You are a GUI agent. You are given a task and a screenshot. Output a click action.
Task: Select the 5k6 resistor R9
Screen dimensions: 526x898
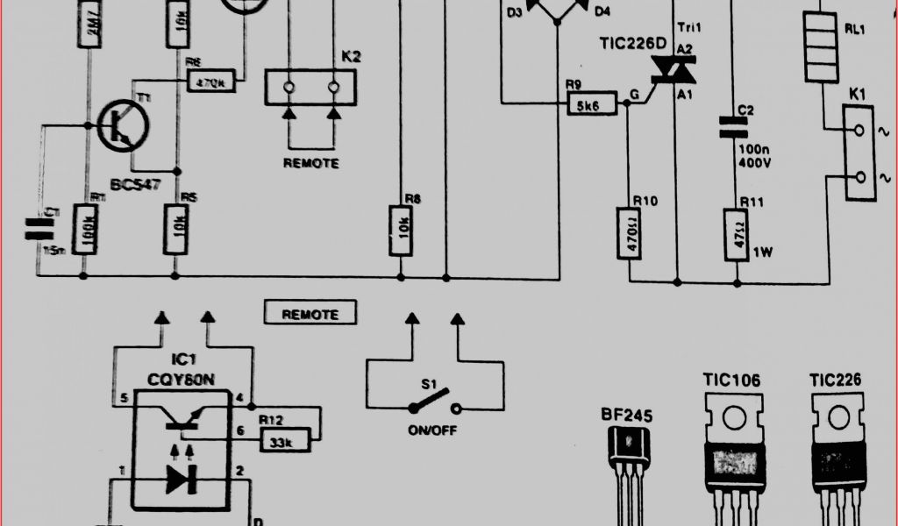[x=590, y=104]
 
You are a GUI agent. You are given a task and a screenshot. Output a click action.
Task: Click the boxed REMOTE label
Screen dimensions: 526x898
[x=310, y=313]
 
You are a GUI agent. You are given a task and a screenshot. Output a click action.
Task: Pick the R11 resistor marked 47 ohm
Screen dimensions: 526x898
[x=738, y=234]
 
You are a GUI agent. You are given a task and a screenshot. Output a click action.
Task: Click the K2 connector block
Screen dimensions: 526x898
[x=310, y=88]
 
